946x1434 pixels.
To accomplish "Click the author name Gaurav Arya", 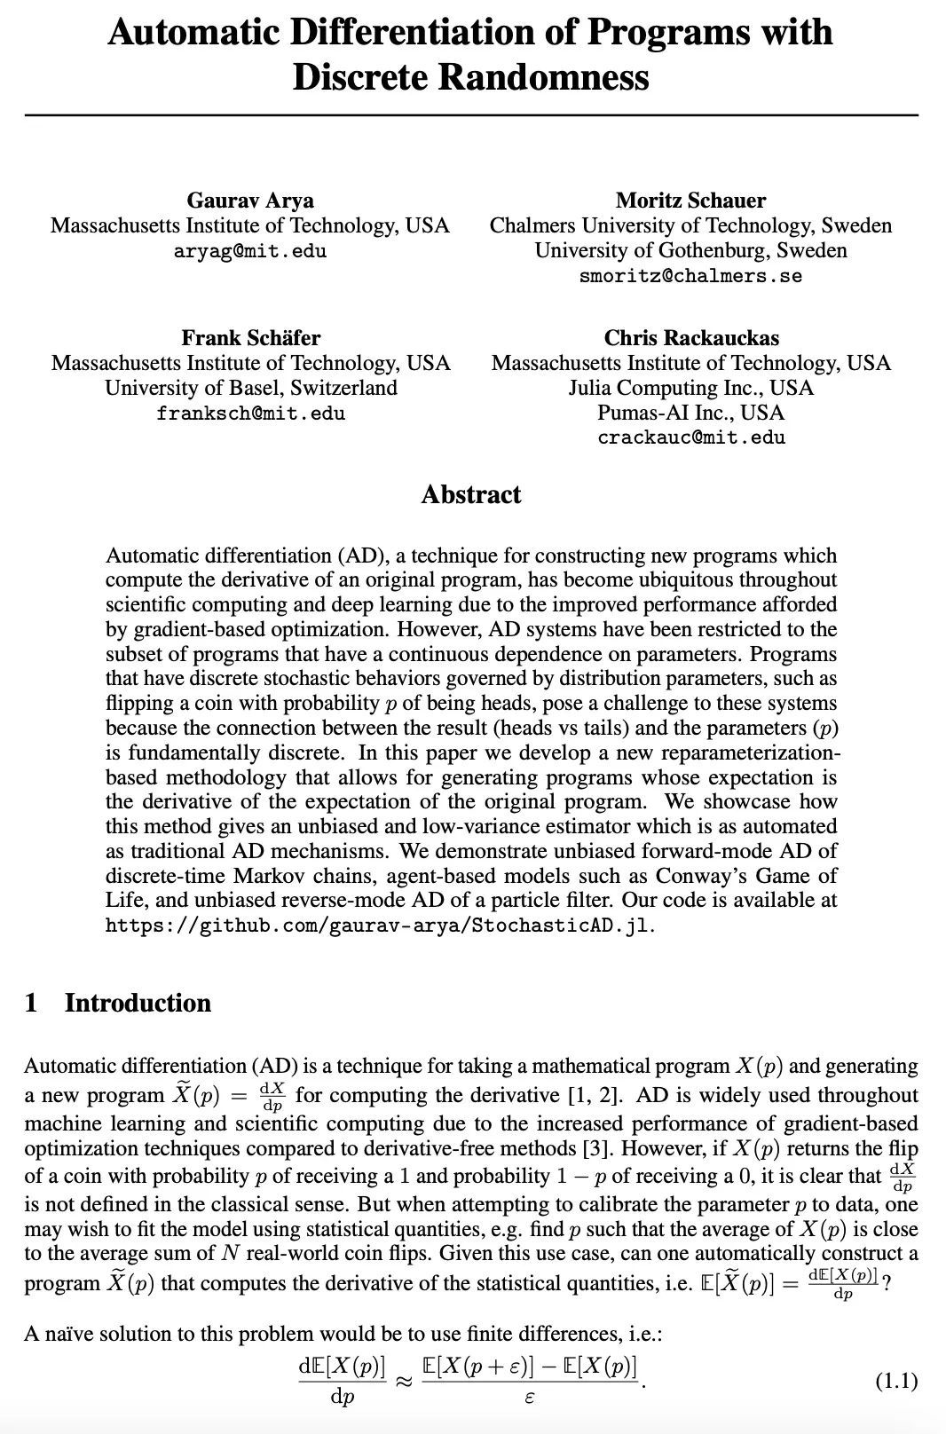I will [x=250, y=201].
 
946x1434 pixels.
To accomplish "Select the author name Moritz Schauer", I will [x=690, y=201].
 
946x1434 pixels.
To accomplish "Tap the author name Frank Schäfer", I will [x=250, y=338].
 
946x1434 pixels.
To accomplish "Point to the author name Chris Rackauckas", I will [x=691, y=338].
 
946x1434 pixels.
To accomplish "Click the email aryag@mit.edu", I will [x=250, y=251].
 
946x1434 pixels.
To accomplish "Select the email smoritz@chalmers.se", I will [x=690, y=276].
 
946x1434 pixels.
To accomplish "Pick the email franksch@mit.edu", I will [x=250, y=414].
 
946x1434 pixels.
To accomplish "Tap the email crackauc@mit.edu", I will [x=691, y=437].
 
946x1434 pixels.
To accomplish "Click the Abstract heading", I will [x=471, y=495].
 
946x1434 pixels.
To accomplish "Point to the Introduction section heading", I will [x=138, y=1004].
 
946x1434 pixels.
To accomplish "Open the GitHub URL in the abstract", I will [x=379, y=926].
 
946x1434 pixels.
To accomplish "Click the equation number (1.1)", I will [x=896, y=1381].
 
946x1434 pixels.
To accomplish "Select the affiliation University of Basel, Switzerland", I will [x=250, y=389].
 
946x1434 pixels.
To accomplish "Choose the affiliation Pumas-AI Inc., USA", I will [x=691, y=413].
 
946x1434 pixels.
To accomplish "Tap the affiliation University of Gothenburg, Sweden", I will [x=690, y=251].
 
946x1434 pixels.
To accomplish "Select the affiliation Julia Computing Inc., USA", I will [x=691, y=389].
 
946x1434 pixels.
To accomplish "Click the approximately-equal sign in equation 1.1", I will [x=404, y=1382].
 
